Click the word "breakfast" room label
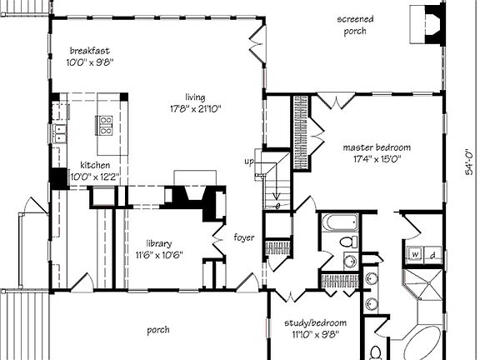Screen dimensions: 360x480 (x=89, y=50)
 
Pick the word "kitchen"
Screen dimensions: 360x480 (x=94, y=165)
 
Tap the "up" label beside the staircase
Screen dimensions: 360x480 (x=247, y=161)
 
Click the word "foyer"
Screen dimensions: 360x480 (x=244, y=236)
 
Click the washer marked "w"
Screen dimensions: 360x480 (x=414, y=253)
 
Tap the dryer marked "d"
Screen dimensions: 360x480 (x=432, y=253)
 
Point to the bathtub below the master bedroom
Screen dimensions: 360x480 (x=341, y=224)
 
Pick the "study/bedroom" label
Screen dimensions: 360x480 (x=314, y=322)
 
